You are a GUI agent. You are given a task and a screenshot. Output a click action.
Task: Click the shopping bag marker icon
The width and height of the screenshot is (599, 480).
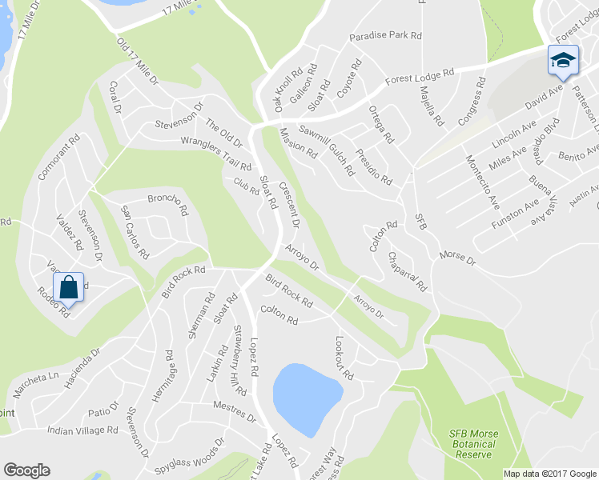pos(69,287)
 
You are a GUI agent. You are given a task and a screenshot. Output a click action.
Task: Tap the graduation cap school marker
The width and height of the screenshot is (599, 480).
pos(563,60)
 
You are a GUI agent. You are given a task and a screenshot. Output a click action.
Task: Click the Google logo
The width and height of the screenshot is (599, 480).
pos(26,471)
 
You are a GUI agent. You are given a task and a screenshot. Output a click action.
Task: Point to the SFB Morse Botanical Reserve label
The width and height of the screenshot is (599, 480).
pos(472,444)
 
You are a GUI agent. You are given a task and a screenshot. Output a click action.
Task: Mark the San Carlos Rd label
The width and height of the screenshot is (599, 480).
pos(135,232)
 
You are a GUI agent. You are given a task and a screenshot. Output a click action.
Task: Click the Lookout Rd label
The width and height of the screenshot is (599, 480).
pos(344,357)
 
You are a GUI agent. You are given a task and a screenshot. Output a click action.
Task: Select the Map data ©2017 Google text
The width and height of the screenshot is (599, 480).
pos(549,473)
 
